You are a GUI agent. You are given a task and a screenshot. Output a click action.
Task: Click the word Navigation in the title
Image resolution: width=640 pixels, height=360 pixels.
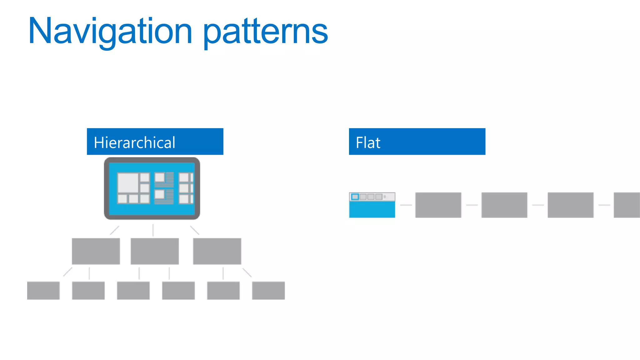tap(110, 31)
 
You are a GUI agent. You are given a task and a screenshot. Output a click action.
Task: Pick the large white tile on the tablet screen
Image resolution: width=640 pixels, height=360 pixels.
tap(128, 183)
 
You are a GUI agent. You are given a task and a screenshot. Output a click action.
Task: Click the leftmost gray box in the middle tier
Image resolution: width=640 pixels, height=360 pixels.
tap(96, 251)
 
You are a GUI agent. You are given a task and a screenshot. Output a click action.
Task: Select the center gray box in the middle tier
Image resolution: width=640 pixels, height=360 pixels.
tap(155, 251)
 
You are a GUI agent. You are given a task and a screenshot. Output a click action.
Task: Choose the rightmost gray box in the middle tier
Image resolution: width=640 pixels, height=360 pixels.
tap(217, 251)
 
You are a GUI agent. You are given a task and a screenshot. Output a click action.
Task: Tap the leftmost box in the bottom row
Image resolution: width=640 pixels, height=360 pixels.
tap(43, 291)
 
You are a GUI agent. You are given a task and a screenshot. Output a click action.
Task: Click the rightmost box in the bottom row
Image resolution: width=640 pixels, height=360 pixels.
tap(268, 291)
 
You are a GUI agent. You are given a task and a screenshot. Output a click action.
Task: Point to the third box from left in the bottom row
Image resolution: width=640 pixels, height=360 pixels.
tap(133, 291)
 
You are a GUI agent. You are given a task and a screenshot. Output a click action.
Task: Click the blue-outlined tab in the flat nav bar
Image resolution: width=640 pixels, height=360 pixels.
tap(355, 197)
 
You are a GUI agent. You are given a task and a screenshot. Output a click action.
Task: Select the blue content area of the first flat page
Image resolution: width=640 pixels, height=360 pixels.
tap(372, 209)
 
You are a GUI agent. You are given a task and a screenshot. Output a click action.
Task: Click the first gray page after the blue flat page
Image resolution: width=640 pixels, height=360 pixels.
tap(438, 205)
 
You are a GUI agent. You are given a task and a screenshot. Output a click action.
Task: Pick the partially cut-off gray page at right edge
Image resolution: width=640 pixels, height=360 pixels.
tap(627, 205)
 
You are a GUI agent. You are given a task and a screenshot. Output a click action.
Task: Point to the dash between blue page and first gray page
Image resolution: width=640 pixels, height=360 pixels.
tap(406, 205)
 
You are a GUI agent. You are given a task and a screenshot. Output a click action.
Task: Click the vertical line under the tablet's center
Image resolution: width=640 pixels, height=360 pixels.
tap(153, 230)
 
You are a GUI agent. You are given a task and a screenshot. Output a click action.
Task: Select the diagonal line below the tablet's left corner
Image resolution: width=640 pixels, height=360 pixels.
tap(115, 230)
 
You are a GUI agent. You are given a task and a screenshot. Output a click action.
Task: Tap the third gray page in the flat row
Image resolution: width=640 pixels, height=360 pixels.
tap(571, 205)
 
